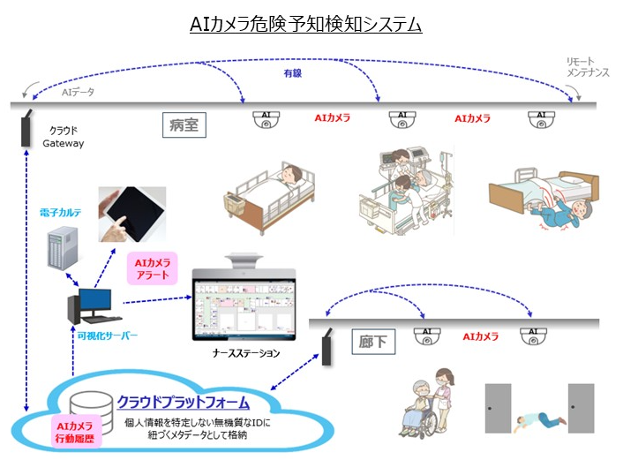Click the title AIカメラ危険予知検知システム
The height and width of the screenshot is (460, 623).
point(306,25)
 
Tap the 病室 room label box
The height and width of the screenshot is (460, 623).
point(184,125)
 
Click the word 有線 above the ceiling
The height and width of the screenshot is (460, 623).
point(293,77)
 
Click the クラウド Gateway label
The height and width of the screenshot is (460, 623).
point(64,136)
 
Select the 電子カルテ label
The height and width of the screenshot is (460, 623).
point(63,214)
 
